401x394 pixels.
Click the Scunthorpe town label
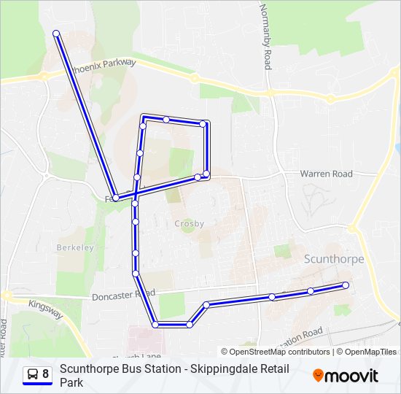pos(332,258)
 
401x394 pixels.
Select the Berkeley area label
pos(75,247)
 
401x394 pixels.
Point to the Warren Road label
pos(326,174)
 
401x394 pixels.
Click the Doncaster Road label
pos(123,295)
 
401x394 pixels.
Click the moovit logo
pos(346,376)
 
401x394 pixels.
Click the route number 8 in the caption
pos(46,374)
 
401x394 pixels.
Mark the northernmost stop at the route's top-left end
pos(56,33)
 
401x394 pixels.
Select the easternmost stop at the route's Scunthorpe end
pos(346,285)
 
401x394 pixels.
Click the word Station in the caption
pos(160,369)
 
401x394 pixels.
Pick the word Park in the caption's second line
pos(71,382)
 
